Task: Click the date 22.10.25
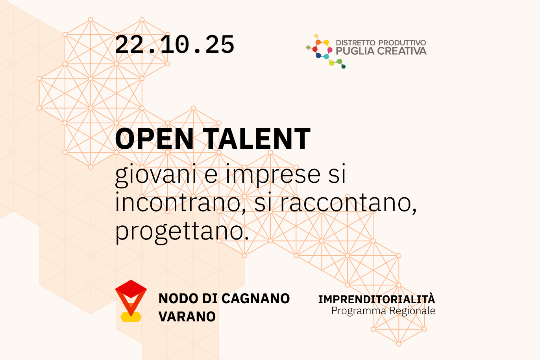[174, 45]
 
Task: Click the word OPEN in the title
[154, 139]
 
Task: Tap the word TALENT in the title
[257, 139]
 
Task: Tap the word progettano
[181, 231]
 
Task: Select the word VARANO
[187, 316]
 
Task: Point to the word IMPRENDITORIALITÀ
[376, 299]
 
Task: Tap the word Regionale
[412, 311]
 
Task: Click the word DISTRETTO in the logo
[355, 43]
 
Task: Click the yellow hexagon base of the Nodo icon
[131, 317]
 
